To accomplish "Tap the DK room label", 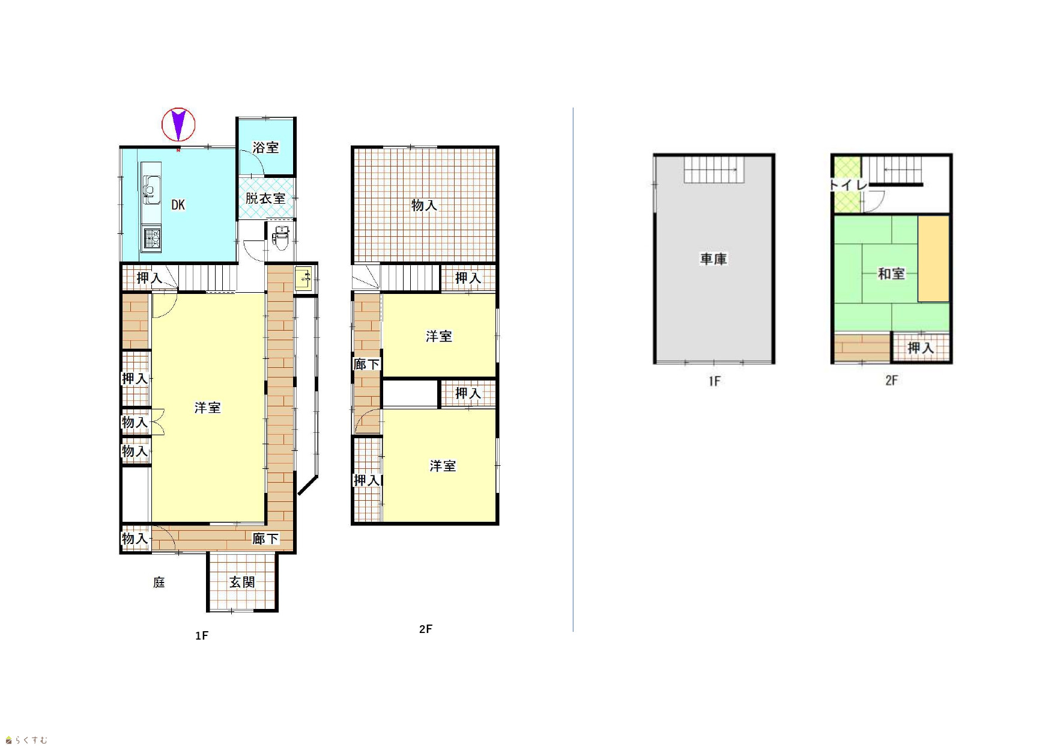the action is point(178,205).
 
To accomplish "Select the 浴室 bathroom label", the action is point(265,147).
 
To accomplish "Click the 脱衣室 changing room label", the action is point(265,198).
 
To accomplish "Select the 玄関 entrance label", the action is point(242,582).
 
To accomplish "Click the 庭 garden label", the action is point(159,582).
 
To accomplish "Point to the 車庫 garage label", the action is point(713,259).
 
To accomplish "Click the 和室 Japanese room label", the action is point(891,274).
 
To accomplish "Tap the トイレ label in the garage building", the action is point(849,185).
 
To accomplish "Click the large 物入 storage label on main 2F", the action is point(424,206).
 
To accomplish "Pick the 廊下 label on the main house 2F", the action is point(367,364).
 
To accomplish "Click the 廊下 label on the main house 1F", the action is point(265,539).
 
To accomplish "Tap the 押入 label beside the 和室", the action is point(921,348).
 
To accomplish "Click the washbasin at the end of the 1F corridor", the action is point(303,278).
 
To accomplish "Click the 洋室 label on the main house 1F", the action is point(208,408).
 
